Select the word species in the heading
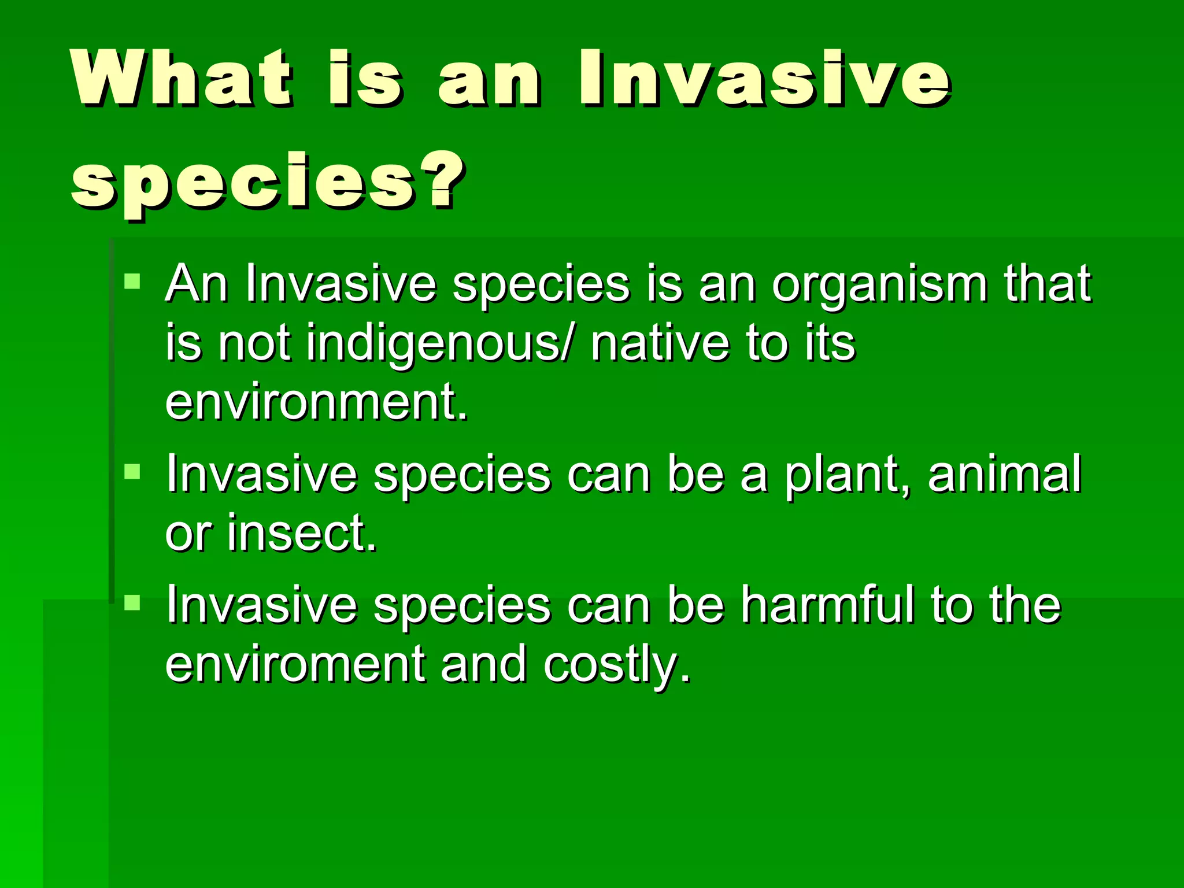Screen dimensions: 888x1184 (243, 184)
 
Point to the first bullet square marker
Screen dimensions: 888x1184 (132, 282)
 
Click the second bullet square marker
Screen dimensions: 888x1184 (132, 471)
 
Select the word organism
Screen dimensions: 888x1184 (879, 284)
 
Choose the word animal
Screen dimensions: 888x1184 (1004, 474)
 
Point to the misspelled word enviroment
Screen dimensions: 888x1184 (295, 664)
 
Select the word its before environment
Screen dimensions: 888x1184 (830, 343)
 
